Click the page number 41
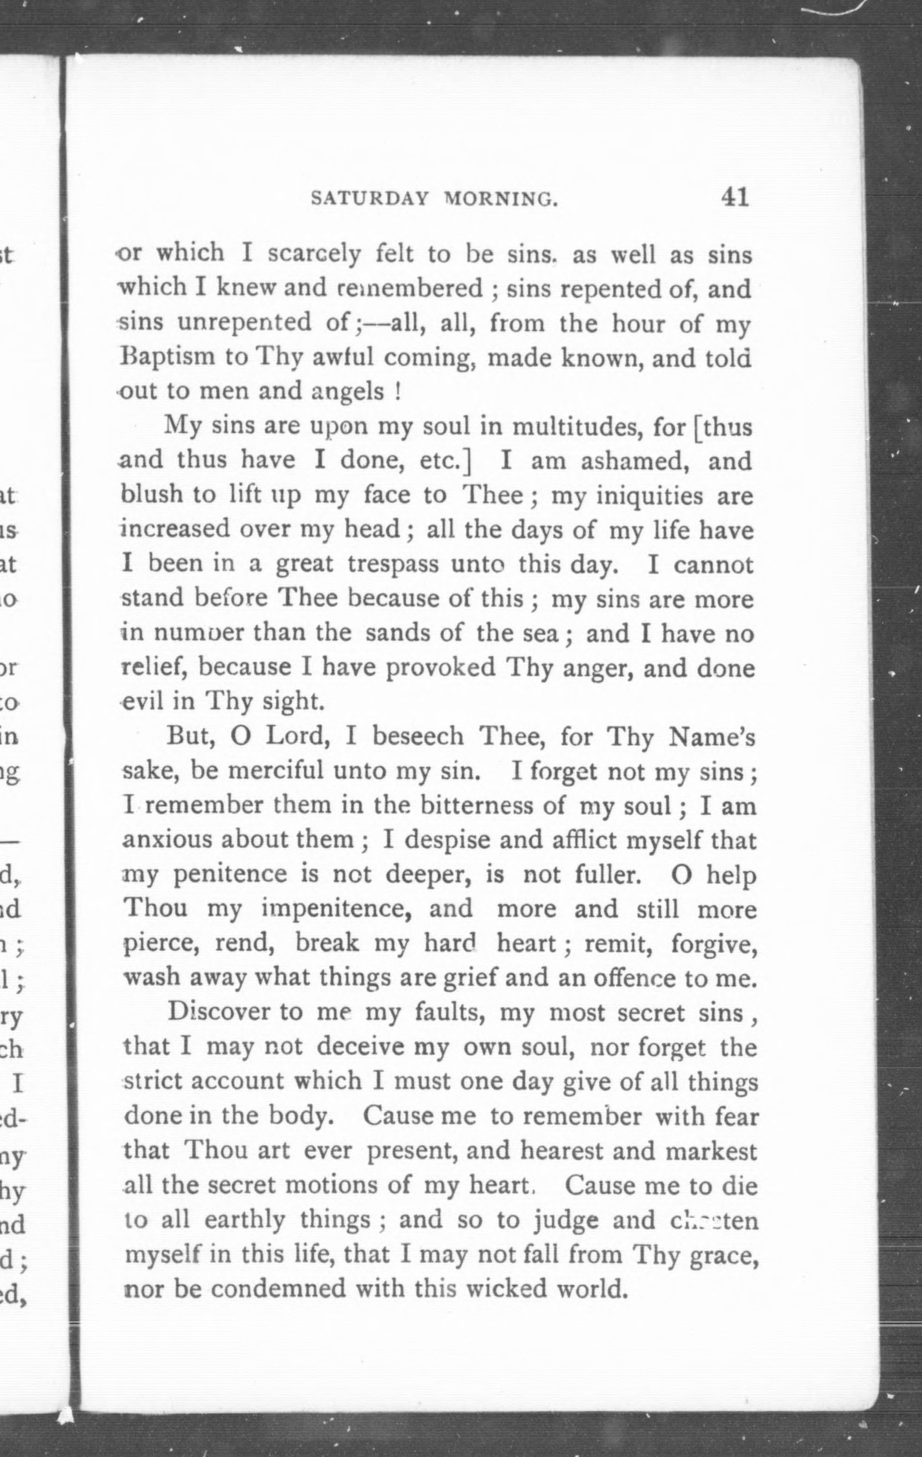point(734,197)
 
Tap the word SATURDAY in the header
point(370,199)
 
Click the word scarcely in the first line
point(314,254)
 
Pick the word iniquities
point(650,496)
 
